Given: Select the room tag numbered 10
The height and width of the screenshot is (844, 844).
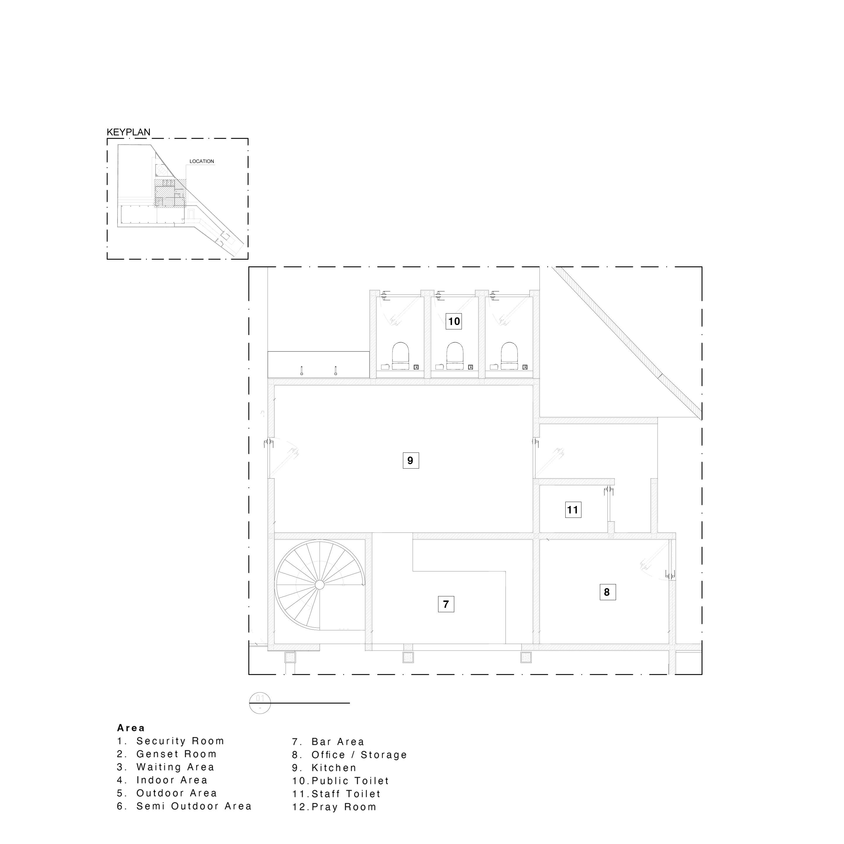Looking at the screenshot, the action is pyautogui.click(x=454, y=321).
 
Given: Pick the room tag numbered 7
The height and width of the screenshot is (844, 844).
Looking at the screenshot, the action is pyautogui.click(x=446, y=604).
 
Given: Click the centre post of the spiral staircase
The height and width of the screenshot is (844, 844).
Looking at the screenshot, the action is pyautogui.click(x=320, y=585).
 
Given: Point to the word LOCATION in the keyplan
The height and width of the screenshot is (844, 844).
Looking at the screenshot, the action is pyautogui.click(x=202, y=161).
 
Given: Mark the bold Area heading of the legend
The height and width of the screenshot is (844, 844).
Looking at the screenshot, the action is pyautogui.click(x=131, y=728).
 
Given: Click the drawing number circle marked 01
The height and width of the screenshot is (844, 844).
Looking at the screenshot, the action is pyautogui.click(x=260, y=703).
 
